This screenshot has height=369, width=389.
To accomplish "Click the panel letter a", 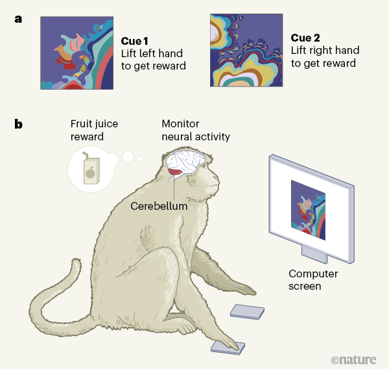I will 18,18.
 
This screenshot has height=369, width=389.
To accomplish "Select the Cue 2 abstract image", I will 246,50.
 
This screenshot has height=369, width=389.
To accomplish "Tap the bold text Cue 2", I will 308,38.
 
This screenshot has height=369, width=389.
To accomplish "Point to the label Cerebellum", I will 159,206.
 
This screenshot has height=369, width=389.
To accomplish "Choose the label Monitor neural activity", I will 195,130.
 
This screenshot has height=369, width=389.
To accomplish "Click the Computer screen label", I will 314,280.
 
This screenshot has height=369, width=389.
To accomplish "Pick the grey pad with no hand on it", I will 247,312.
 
